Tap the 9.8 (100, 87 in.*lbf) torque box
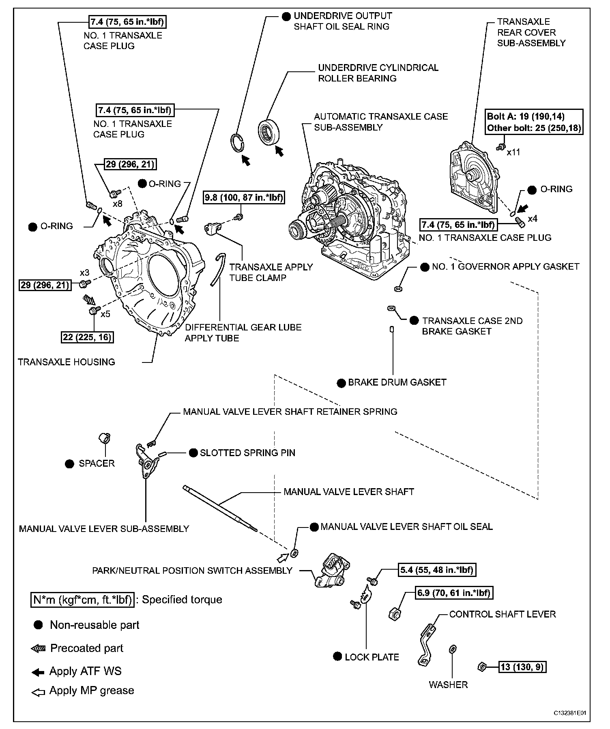[243, 197]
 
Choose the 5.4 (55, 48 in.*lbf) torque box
[436, 570]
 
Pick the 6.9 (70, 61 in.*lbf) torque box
[453, 593]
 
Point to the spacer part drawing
[105, 438]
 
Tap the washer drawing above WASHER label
[453, 649]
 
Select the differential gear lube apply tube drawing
[217, 269]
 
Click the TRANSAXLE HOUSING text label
[67, 362]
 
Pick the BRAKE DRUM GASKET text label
[397, 382]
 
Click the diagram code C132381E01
[571, 712]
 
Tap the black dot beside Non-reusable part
[39, 625]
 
